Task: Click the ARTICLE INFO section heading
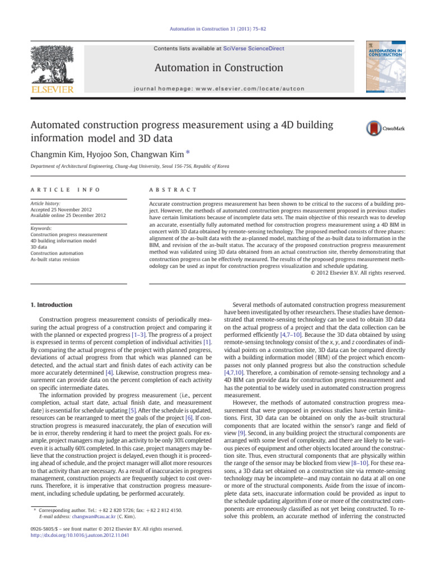66,190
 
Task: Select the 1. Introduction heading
50,304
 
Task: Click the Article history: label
47,204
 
